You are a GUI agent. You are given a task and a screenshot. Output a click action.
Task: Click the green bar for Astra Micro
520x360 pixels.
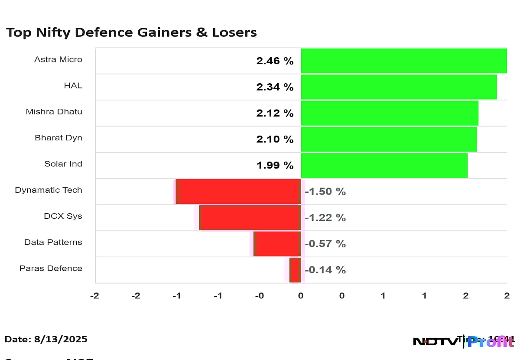click(x=403, y=61)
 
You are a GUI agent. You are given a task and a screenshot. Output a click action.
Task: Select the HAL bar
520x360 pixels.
click(x=399, y=87)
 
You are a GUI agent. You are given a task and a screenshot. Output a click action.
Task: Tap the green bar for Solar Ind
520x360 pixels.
click(x=384, y=165)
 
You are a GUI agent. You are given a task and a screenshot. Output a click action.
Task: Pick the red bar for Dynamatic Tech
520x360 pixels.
click(x=238, y=191)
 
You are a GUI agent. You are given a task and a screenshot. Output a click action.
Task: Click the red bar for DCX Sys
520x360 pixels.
click(x=250, y=217)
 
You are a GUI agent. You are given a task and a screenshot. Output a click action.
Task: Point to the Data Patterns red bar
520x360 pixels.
click(x=277, y=243)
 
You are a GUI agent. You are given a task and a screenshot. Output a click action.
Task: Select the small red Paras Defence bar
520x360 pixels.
click(x=295, y=269)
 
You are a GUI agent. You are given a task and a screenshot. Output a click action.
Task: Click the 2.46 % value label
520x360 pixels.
click(x=275, y=61)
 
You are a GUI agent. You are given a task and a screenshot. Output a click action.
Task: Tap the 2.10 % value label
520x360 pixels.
click(x=275, y=139)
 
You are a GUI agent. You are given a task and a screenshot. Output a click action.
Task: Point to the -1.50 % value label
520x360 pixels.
click(x=325, y=191)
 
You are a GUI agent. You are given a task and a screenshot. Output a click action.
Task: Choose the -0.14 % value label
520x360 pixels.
click(x=325, y=270)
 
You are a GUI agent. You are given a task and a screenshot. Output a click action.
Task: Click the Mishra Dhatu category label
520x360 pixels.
click(x=54, y=112)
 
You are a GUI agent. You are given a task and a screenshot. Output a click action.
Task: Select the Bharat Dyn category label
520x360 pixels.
click(x=58, y=138)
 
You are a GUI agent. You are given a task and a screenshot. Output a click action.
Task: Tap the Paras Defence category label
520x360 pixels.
click(x=51, y=268)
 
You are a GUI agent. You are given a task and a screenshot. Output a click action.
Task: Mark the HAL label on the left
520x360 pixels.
click(x=73, y=86)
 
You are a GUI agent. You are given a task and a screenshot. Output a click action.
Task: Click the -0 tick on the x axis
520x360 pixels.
click(x=259, y=296)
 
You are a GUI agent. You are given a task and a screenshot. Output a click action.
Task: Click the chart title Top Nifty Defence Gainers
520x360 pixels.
click(x=131, y=32)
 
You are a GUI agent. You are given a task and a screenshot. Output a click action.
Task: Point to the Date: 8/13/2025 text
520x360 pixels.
click(x=46, y=339)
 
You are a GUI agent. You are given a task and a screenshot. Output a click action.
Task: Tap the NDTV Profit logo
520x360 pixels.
click(x=464, y=341)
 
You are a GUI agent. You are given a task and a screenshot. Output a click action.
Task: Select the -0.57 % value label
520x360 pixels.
click(x=325, y=244)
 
